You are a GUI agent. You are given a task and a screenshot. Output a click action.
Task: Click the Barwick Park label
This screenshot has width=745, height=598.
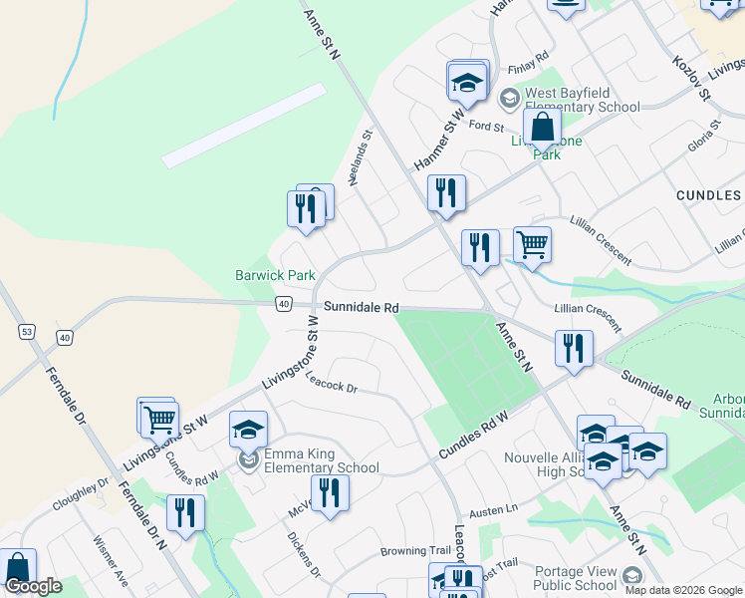click(275, 275)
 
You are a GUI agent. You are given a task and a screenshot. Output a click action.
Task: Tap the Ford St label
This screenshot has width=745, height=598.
click(486, 126)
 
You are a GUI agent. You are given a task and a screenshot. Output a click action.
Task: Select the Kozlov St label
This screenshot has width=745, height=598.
click(690, 78)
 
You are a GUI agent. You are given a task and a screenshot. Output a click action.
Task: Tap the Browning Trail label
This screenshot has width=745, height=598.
click(415, 550)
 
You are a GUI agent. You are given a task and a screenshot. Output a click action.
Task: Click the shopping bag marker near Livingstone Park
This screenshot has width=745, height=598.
click(542, 128)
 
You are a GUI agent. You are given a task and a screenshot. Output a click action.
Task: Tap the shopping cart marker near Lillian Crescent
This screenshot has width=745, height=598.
click(533, 243)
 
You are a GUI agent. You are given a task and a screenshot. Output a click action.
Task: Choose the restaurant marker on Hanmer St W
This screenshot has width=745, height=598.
click(446, 191)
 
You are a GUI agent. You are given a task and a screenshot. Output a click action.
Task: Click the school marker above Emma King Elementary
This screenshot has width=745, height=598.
click(248, 430)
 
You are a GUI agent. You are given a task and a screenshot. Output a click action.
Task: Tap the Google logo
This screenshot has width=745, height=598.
click(33, 587)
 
